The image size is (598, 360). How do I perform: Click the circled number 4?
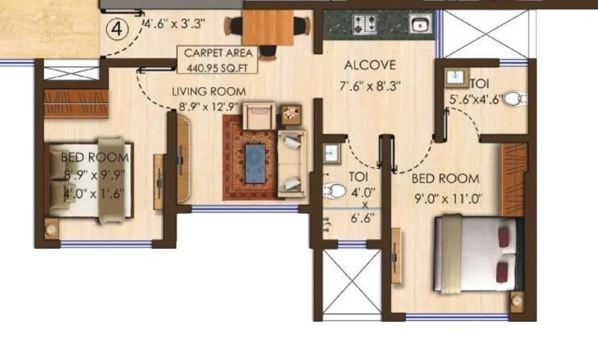click(x=117, y=30)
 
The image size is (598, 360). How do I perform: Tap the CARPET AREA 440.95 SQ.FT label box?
click(x=217, y=59)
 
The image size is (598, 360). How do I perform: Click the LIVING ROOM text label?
click(x=209, y=91)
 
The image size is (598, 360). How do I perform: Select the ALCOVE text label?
click(x=370, y=66)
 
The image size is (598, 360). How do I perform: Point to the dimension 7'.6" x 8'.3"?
click(x=370, y=85)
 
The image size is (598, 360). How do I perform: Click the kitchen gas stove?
click(x=363, y=25)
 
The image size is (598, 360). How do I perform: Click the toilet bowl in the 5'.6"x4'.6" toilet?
click(x=521, y=100)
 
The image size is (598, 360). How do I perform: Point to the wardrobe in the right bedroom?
click(x=514, y=174)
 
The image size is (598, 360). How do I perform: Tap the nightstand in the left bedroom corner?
click(x=51, y=230)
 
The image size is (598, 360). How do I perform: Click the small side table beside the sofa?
click(x=291, y=114)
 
